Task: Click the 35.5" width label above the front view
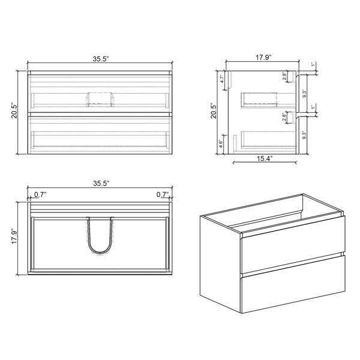click(x=100, y=59)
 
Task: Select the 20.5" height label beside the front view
click(x=14, y=112)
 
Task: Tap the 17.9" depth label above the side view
click(x=264, y=58)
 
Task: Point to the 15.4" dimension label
click(x=265, y=158)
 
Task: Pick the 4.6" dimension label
click(x=221, y=143)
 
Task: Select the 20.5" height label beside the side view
click(x=214, y=112)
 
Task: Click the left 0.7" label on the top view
click(x=40, y=194)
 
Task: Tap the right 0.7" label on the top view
click(x=163, y=194)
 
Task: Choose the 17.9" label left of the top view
click(x=14, y=236)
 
